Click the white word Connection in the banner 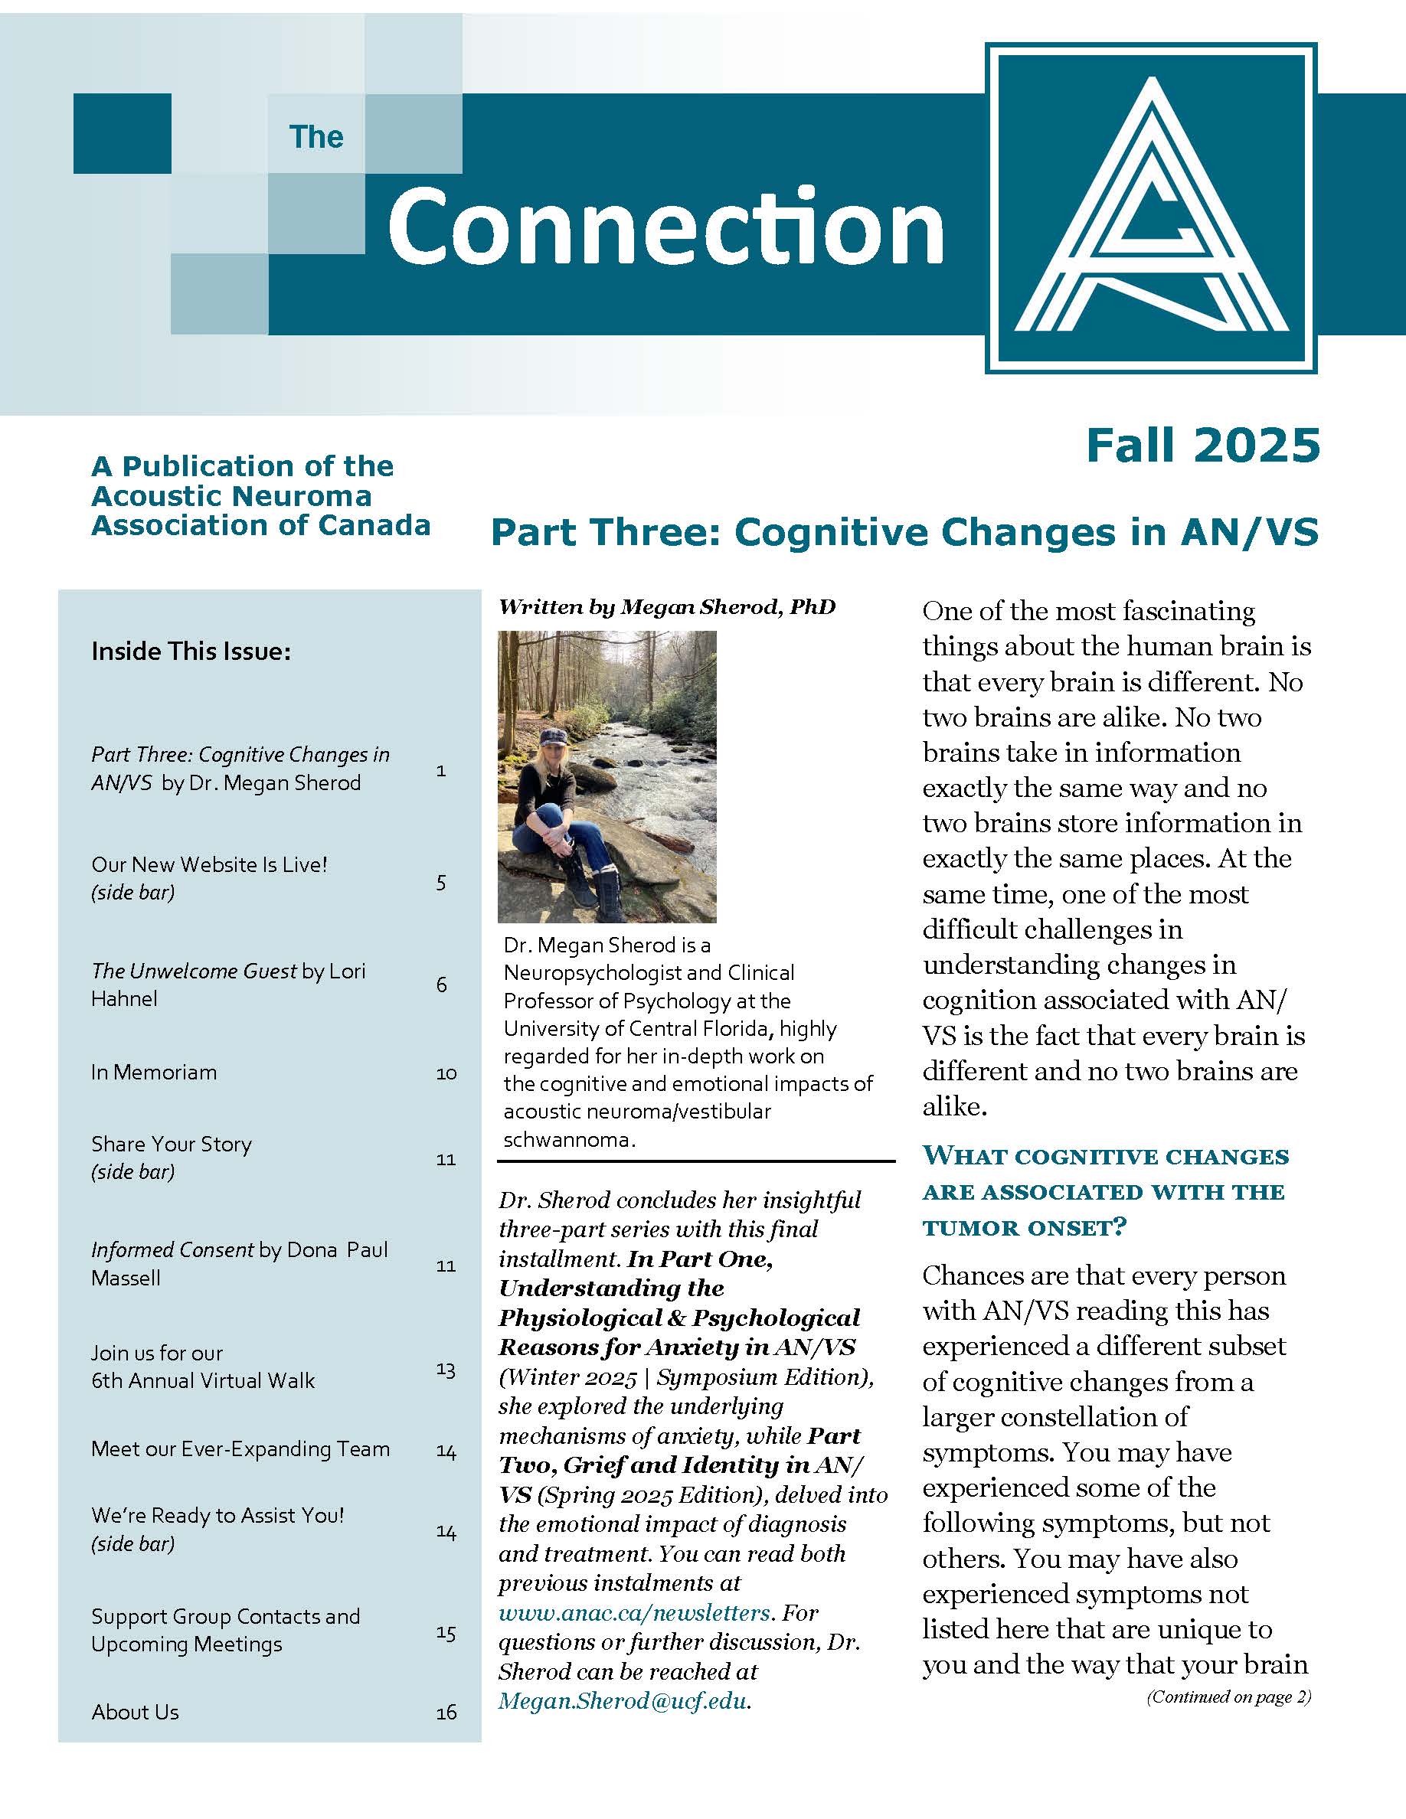click(665, 226)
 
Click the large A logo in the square click(1151, 207)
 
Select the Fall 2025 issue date click(1203, 446)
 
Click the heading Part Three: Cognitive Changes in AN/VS click(904, 532)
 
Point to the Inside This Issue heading click(191, 652)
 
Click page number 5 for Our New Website click(441, 882)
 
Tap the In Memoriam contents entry click(154, 1072)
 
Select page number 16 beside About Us click(446, 1713)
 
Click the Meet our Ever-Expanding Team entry click(240, 1448)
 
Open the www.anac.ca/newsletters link click(634, 1612)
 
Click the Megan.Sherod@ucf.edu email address click(622, 1701)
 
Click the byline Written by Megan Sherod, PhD click(666, 607)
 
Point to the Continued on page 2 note click(1228, 1697)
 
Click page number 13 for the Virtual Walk click(446, 1370)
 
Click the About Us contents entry click(135, 1712)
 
